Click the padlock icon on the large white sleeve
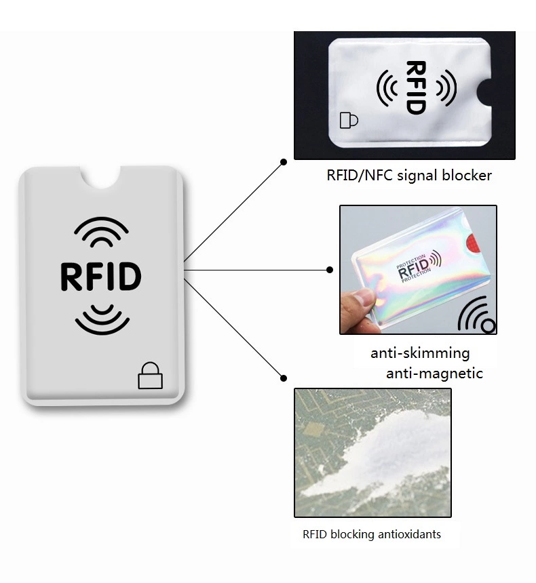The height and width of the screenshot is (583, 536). coord(151,376)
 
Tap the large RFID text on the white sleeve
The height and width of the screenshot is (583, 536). coord(101,277)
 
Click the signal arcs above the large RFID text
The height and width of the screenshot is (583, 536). coord(101,233)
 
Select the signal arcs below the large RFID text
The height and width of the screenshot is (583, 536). coord(102,320)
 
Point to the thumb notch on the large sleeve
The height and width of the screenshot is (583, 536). coord(101,178)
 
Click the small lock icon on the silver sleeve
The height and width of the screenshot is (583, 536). coord(349,121)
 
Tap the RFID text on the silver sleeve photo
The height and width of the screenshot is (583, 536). coord(416,87)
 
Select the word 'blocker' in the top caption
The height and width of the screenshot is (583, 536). coord(467,175)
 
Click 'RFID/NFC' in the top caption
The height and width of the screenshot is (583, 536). coord(360,175)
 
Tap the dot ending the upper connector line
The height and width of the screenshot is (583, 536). coord(284,162)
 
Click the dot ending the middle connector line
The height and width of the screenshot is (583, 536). coord(330,270)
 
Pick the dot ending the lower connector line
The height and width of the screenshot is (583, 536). coord(284,378)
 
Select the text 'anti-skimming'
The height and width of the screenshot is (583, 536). coord(420,353)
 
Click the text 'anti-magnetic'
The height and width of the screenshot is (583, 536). coord(434,373)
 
